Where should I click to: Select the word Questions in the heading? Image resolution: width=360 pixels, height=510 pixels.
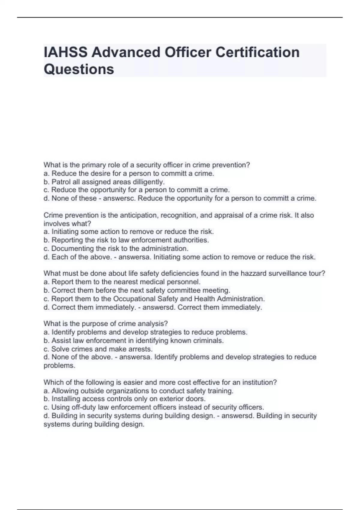(x=79, y=69)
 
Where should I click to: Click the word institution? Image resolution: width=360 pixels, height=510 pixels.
(x=259, y=382)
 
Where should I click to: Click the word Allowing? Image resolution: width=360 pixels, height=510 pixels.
(x=64, y=391)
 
